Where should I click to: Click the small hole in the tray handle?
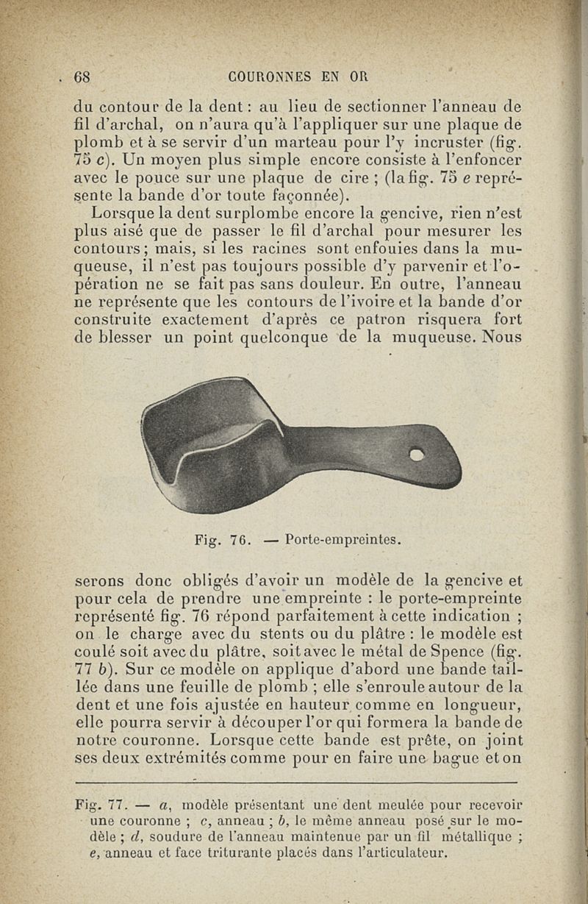(x=416, y=455)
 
